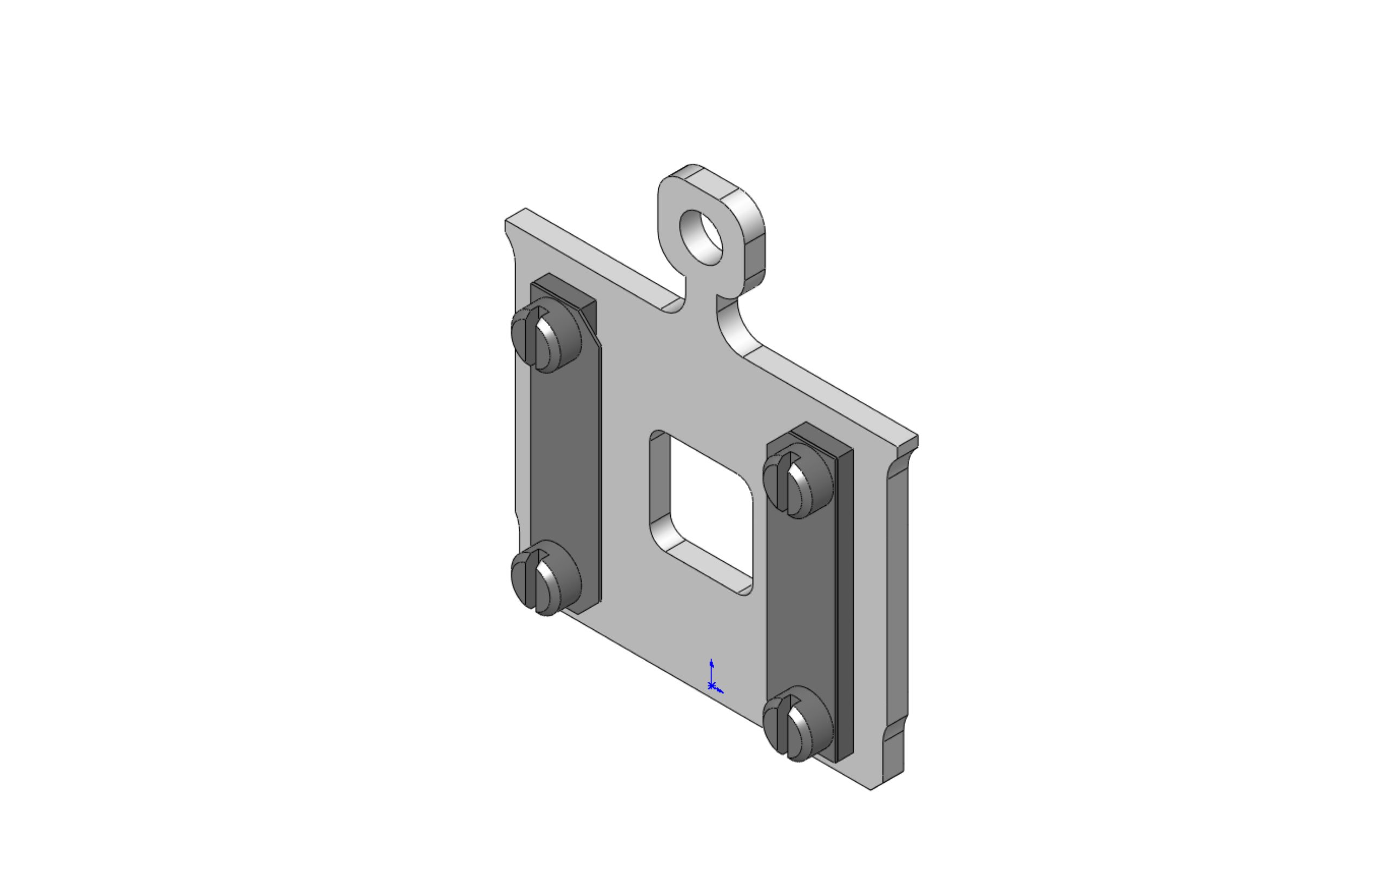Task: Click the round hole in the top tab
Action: coord(701,238)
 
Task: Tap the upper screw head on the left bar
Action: coord(546,335)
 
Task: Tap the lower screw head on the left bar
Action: coord(546,577)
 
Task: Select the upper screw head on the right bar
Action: coord(797,480)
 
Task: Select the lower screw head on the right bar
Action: coord(797,723)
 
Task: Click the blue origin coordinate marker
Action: coord(711,686)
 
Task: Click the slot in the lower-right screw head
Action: coord(782,723)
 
